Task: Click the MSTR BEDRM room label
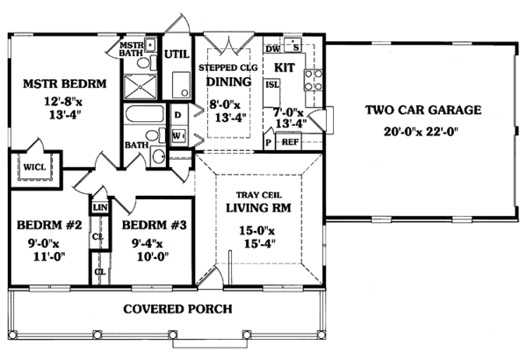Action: click(64, 83)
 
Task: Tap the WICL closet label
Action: click(34, 167)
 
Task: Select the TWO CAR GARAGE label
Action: click(423, 110)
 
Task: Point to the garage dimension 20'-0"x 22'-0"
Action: click(422, 131)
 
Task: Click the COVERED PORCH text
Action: click(177, 309)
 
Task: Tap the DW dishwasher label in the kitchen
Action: click(272, 49)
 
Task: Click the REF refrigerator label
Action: click(290, 142)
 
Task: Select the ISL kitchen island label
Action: click(272, 84)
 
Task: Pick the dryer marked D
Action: click(178, 115)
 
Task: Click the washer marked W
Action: click(179, 136)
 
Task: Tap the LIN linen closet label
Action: click(100, 207)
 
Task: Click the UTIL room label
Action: click(177, 54)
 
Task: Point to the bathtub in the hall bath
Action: click(145, 113)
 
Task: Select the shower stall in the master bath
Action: click(140, 86)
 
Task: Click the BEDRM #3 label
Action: click(154, 225)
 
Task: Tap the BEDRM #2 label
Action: click(49, 225)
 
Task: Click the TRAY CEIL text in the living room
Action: click(259, 195)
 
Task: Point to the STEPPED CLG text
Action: click(228, 68)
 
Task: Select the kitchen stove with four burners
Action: click(314, 80)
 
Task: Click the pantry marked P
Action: click(269, 142)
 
